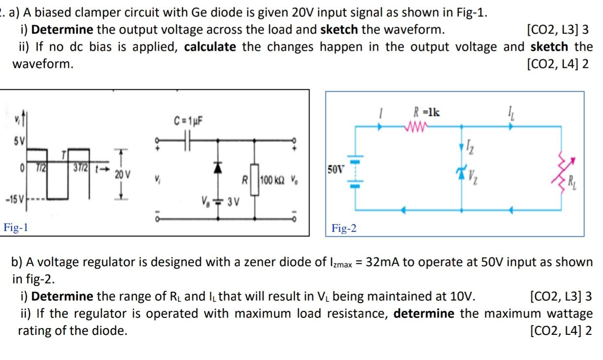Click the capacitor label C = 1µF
(x=188, y=121)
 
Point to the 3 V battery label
(x=233, y=203)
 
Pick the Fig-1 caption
(x=15, y=228)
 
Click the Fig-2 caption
(x=344, y=229)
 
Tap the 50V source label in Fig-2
(x=335, y=170)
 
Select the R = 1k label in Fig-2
(x=426, y=112)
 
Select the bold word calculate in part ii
(x=210, y=46)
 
